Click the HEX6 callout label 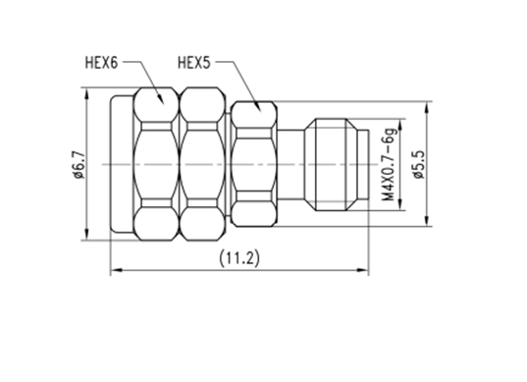[x=101, y=63]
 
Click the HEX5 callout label [x=194, y=63]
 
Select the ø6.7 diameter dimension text [x=79, y=164]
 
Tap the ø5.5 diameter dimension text [x=419, y=164]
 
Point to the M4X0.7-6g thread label [x=390, y=164]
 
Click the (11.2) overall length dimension [x=239, y=258]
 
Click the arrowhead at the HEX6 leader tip [x=161, y=99]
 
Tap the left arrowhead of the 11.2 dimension [x=116, y=270]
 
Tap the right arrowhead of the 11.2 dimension [x=363, y=270]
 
